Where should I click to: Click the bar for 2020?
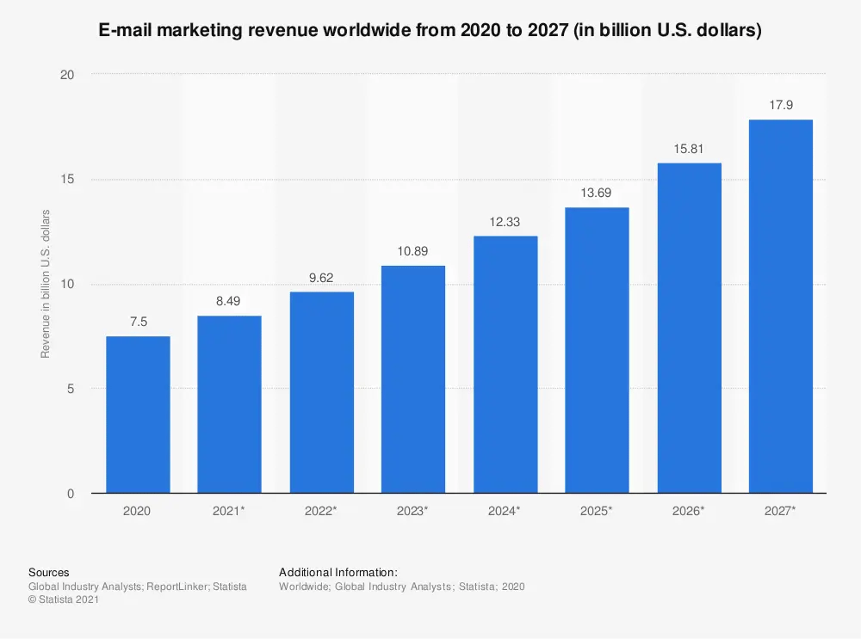click(x=138, y=415)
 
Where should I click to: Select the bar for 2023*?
click(x=413, y=379)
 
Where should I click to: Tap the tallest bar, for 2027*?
click(x=781, y=306)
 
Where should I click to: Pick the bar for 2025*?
click(x=597, y=350)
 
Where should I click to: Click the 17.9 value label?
click(x=781, y=106)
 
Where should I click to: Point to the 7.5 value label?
click(x=138, y=323)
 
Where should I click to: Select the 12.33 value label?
click(x=505, y=222)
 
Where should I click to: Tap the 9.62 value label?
click(x=321, y=278)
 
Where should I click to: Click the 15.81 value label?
click(x=689, y=149)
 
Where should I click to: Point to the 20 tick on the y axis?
click(x=67, y=75)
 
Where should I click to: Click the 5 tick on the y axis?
click(x=71, y=389)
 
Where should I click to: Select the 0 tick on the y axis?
click(x=71, y=494)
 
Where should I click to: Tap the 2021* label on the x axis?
click(x=229, y=511)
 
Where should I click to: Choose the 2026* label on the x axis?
click(x=689, y=511)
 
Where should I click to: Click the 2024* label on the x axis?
click(x=505, y=511)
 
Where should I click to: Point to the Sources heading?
click(x=49, y=572)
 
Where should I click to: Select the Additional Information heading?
click(x=338, y=572)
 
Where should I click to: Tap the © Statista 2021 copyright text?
click(x=64, y=600)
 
